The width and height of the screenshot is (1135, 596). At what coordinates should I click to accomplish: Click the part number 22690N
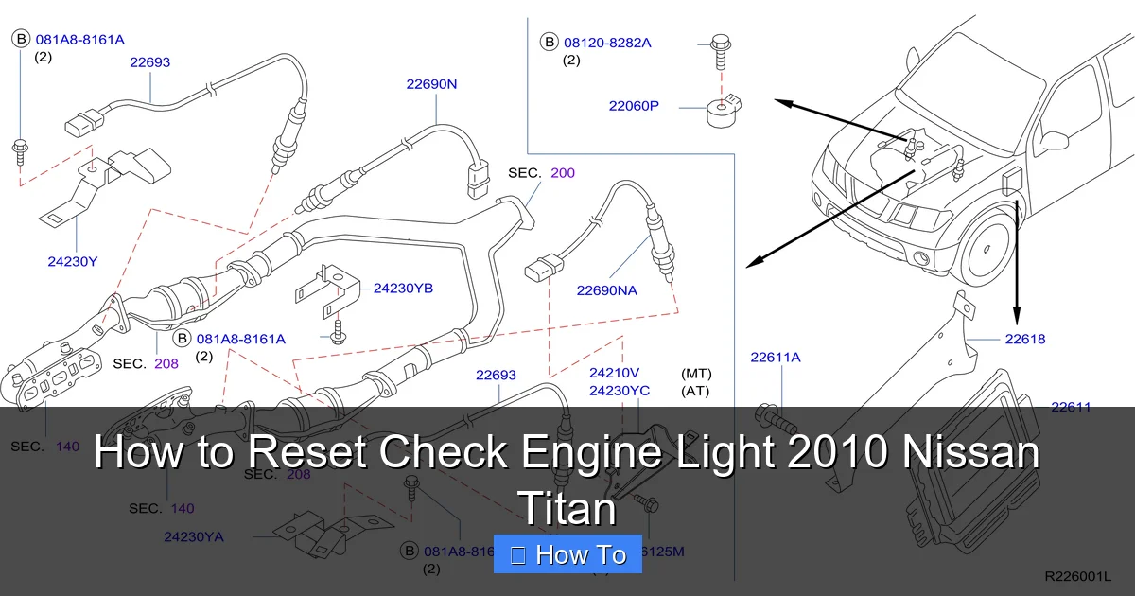click(x=431, y=84)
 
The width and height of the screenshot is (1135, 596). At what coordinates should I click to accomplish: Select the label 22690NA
click(x=606, y=290)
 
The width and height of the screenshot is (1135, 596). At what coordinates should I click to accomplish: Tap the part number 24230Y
click(x=73, y=261)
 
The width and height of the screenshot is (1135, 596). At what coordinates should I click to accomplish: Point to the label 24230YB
click(x=403, y=288)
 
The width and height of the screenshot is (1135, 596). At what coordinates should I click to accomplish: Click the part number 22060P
click(x=634, y=106)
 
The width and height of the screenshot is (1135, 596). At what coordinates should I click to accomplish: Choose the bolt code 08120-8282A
click(x=607, y=43)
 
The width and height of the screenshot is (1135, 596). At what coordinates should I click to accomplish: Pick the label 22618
click(x=1025, y=339)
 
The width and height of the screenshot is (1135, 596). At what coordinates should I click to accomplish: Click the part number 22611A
click(x=776, y=357)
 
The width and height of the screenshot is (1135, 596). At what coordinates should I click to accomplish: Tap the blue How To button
click(x=567, y=554)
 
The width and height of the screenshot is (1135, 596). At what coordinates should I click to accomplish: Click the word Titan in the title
click(x=567, y=509)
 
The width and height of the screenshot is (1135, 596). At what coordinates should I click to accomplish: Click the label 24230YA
click(x=194, y=536)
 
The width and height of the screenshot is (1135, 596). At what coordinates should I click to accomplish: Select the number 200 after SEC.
click(x=562, y=173)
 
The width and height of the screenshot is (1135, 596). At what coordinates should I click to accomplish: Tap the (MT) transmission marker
click(x=695, y=373)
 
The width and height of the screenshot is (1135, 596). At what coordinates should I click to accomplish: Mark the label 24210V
click(x=614, y=373)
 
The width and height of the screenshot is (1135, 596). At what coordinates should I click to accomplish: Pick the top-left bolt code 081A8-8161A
click(x=80, y=40)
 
